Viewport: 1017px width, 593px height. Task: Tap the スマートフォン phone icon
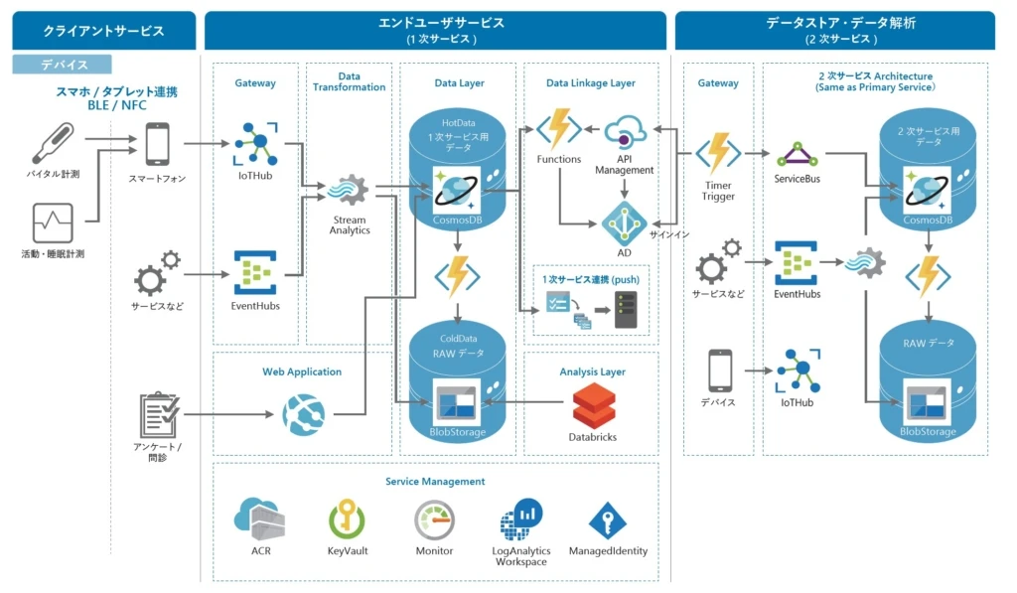coord(157,144)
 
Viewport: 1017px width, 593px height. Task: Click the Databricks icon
coord(593,404)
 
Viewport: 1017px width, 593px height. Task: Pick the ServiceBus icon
coord(797,153)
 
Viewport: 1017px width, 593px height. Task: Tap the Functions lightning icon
coord(558,130)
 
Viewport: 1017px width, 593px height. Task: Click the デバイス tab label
coord(64,65)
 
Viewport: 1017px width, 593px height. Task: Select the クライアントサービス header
coord(103,31)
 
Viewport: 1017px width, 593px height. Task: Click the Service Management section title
coord(435,482)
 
